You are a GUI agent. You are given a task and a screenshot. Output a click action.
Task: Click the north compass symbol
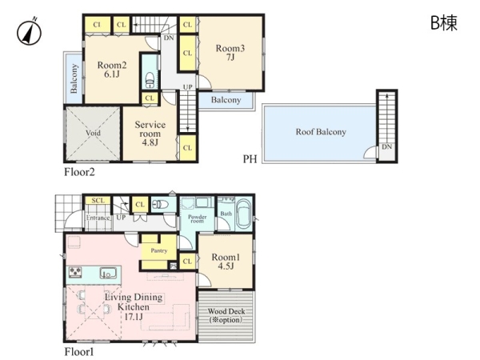coord(29,32)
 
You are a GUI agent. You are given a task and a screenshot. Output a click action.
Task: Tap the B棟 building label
coord(444,22)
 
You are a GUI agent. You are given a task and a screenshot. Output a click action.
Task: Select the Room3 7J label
coord(230,52)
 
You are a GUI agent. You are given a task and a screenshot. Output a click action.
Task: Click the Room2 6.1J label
coord(112,69)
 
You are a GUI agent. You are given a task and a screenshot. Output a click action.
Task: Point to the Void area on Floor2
coord(93,133)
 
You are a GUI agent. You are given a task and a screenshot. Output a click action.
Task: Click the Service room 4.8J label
coord(150,133)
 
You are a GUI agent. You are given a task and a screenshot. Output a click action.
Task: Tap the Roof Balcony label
coord(321,132)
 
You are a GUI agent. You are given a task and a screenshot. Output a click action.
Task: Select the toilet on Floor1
coord(161,204)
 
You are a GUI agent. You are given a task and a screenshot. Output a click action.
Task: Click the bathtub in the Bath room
coord(244,214)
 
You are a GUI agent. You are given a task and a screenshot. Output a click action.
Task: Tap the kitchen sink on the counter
coord(107,273)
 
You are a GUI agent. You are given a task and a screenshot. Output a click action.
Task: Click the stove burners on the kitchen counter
coord(75,272)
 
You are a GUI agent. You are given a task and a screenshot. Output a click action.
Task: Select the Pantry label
coord(159,250)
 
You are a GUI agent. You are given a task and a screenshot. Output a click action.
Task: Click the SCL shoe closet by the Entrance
coord(98,201)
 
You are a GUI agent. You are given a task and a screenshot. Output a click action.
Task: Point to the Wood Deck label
coord(226,315)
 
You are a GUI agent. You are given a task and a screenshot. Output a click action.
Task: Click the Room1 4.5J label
coord(226,262)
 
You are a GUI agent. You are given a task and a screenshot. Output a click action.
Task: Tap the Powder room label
coord(197,218)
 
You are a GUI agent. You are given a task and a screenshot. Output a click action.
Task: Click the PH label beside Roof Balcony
coord(250,159)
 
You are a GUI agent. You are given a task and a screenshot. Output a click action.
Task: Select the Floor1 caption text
coord(79,352)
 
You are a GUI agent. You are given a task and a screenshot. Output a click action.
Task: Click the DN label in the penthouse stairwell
coord(387,146)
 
